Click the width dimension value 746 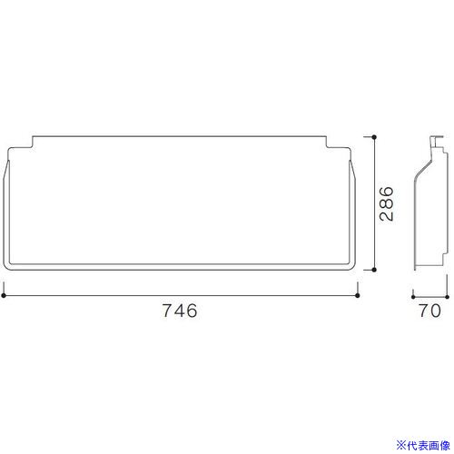click(180, 311)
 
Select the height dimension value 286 click(387, 203)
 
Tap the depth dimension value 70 click(429, 311)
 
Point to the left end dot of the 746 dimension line click(4, 295)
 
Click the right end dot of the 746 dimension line click(357, 295)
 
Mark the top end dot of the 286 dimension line click(374, 137)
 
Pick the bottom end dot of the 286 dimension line click(374, 270)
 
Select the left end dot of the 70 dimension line click(413, 297)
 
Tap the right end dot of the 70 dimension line click(447, 297)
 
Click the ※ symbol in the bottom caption click(400, 446)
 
